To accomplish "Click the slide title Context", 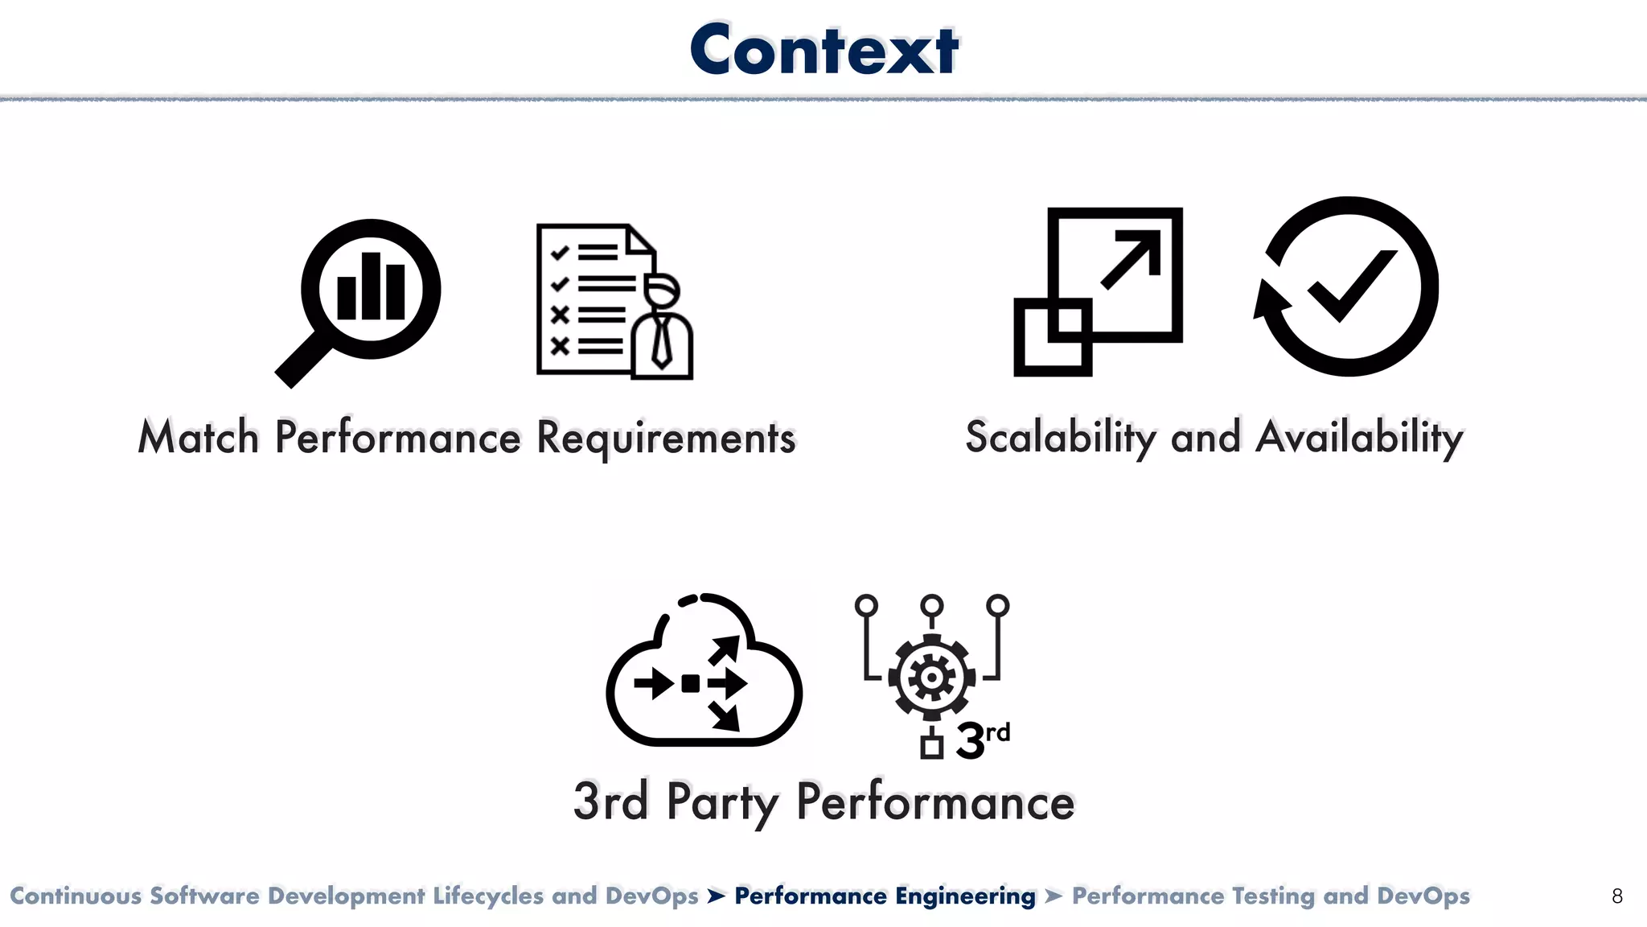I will pyautogui.click(x=823, y=50).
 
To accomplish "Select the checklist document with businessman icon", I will pyautogui.click(x=614, y=301).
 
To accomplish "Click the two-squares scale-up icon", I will pyautogui.click(x=1098, y=290).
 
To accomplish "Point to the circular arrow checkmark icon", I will pyautogui.click(x=1348, y=286).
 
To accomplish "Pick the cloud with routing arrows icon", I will pyautogui.click(x=703, y=672).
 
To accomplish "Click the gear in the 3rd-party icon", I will pyautogui.click(x=931, y=678).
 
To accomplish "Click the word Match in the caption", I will pyautogui.click(x=198, y=438).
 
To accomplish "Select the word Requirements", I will pyautogui.click(x=665, y=438).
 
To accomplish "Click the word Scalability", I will pyautogui.click(x=1060, y=438).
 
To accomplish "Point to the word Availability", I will pyautogui.click(x=1359, y=438).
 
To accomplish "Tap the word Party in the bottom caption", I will pyautogui.click(x=722, y=802).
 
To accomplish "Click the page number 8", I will pyautogui.click(x=1617, y=896).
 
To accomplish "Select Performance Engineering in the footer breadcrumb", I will pyautogui.click(x=885, y=896).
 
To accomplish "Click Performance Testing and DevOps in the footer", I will pyautogui.click(x=1271, y=896).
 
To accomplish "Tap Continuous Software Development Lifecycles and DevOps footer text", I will pyautogui.click(x=354, y=896).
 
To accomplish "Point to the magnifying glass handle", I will pyautogui.click(x=302, y=361).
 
